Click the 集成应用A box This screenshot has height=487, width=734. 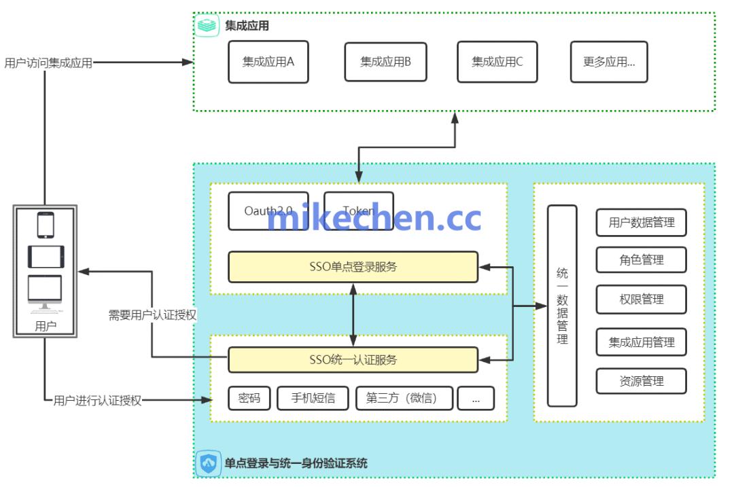268,62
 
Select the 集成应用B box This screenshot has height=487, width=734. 385,62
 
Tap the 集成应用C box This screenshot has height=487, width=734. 497,62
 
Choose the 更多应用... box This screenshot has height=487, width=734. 609,62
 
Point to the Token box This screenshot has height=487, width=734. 358,211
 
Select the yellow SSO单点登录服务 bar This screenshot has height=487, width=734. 353,267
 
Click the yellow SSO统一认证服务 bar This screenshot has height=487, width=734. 353,359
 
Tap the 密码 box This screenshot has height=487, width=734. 249,398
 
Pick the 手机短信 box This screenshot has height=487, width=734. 313,398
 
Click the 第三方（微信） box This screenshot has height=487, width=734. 404,398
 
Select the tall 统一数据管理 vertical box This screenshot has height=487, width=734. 562,306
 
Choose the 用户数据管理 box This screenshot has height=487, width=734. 641,222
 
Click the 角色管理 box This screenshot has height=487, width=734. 641,259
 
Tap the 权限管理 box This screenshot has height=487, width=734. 641,299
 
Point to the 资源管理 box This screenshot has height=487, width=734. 641,381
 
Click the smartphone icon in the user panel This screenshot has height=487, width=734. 46,225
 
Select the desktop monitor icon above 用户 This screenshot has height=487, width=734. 45,293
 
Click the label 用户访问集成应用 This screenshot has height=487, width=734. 48,63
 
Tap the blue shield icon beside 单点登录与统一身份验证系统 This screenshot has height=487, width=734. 208,463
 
